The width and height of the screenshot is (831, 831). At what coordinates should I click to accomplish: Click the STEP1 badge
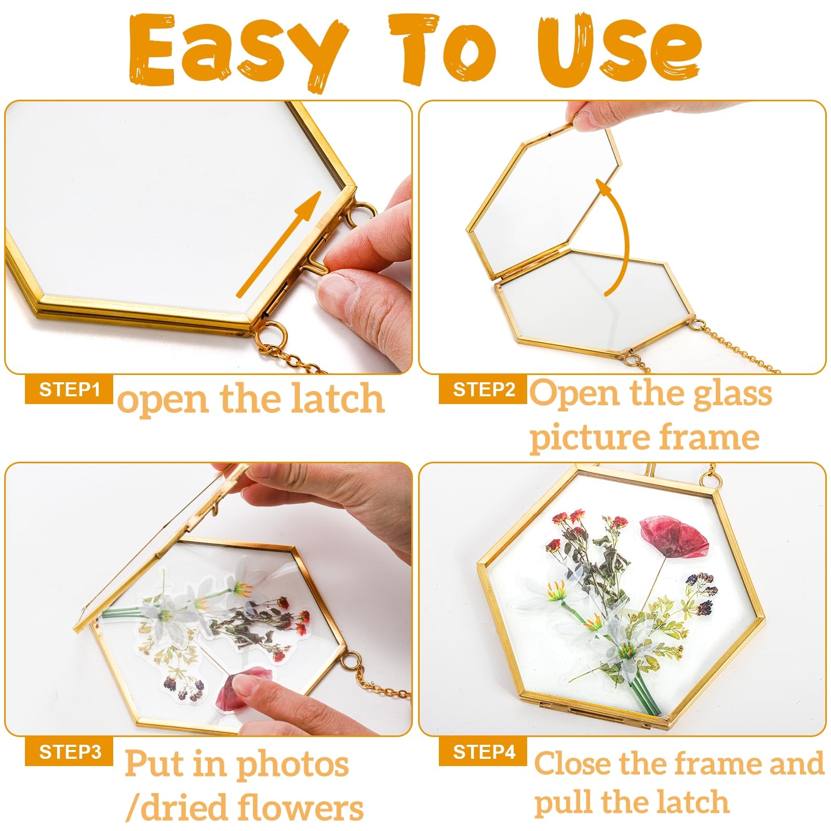(69, 389)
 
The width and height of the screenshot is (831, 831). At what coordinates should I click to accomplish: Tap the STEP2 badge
(483, 389)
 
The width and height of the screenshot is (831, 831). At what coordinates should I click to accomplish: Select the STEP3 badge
(69, 752)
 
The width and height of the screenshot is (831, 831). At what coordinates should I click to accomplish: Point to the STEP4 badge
(483, 752)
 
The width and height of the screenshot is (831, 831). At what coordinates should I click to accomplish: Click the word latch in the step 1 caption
(338, 398)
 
